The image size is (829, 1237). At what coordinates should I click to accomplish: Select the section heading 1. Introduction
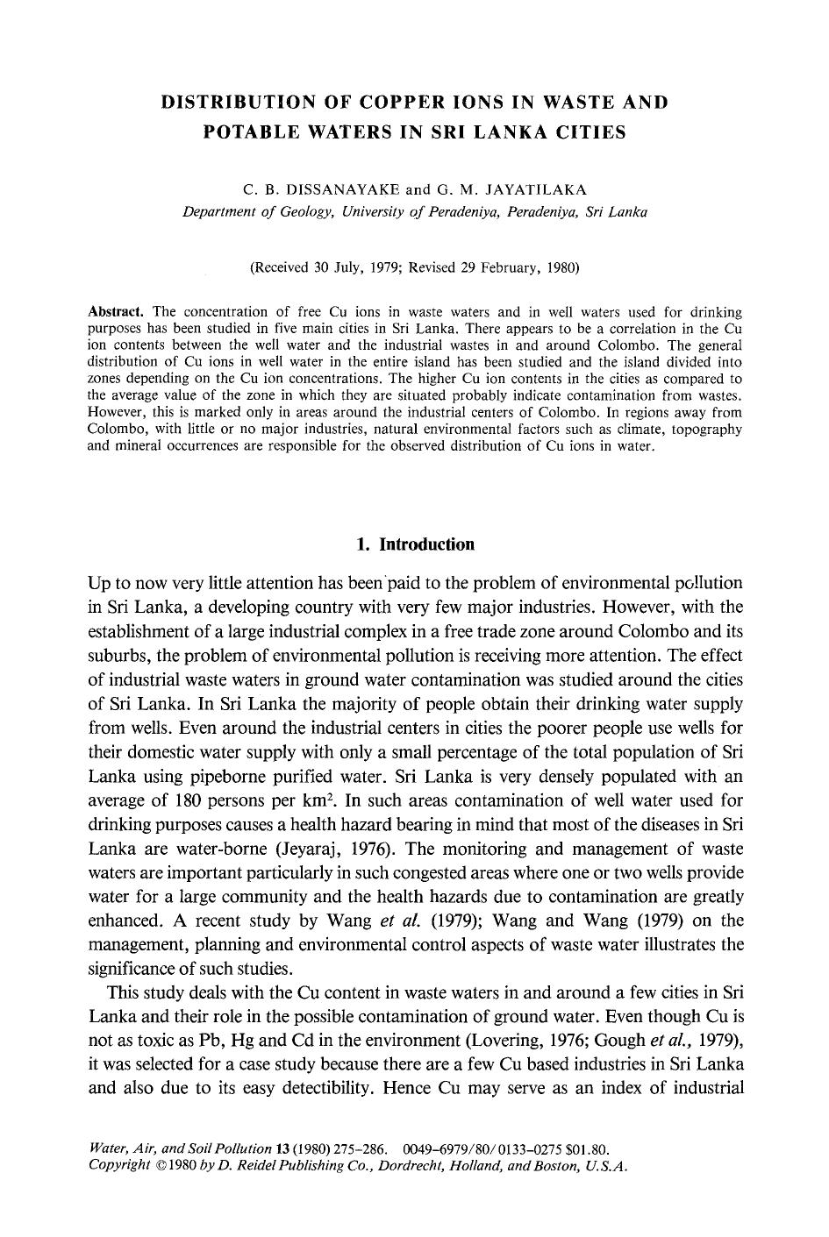[x=416, y=544]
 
